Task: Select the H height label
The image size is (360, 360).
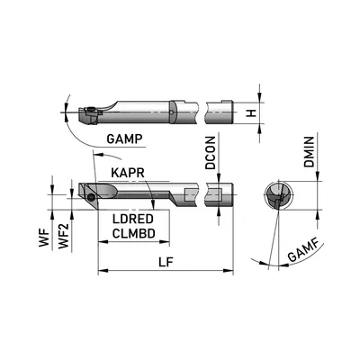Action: click(x=255, y=113)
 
